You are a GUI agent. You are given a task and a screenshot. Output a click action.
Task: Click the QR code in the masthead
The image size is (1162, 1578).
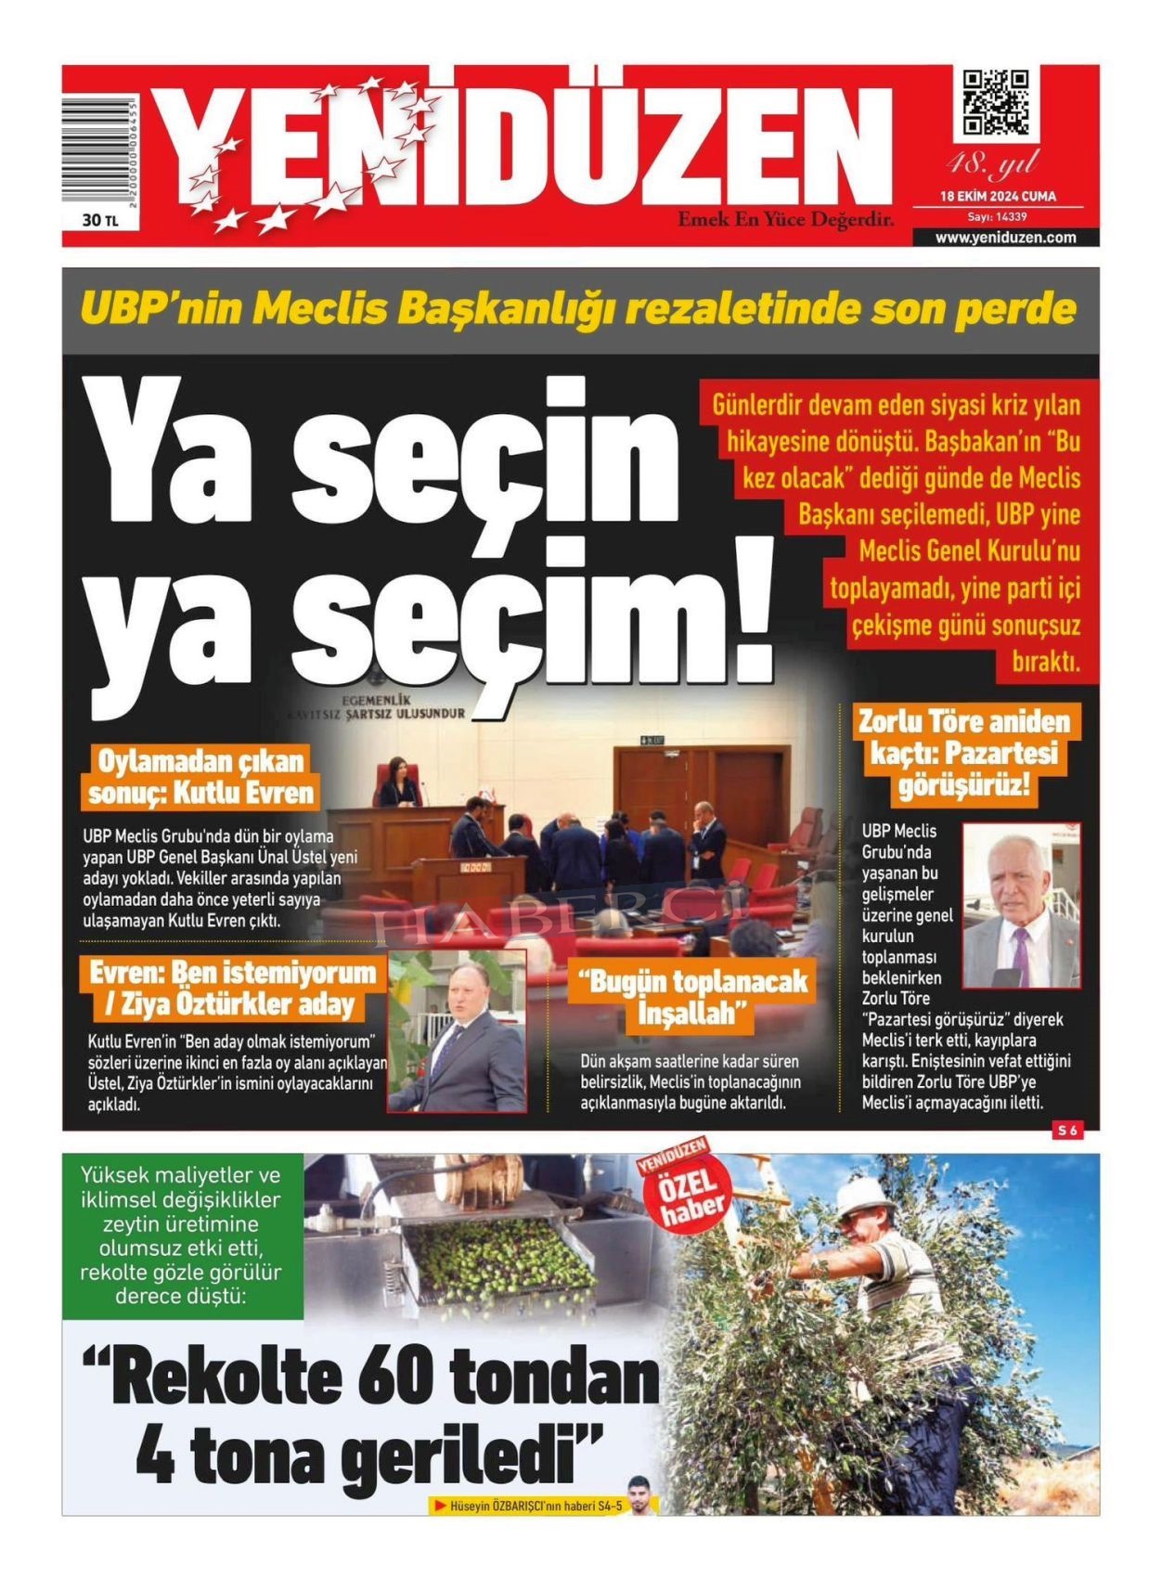(995, 101)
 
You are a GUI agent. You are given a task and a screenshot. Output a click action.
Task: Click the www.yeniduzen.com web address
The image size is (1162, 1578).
(1005, 238)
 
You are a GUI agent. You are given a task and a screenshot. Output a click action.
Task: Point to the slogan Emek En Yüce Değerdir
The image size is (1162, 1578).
(785, 220)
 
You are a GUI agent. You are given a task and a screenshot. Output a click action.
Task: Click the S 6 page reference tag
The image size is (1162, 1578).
(1066, 1130)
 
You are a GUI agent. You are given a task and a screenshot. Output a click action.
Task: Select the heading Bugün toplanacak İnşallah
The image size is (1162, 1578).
(693, 997)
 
